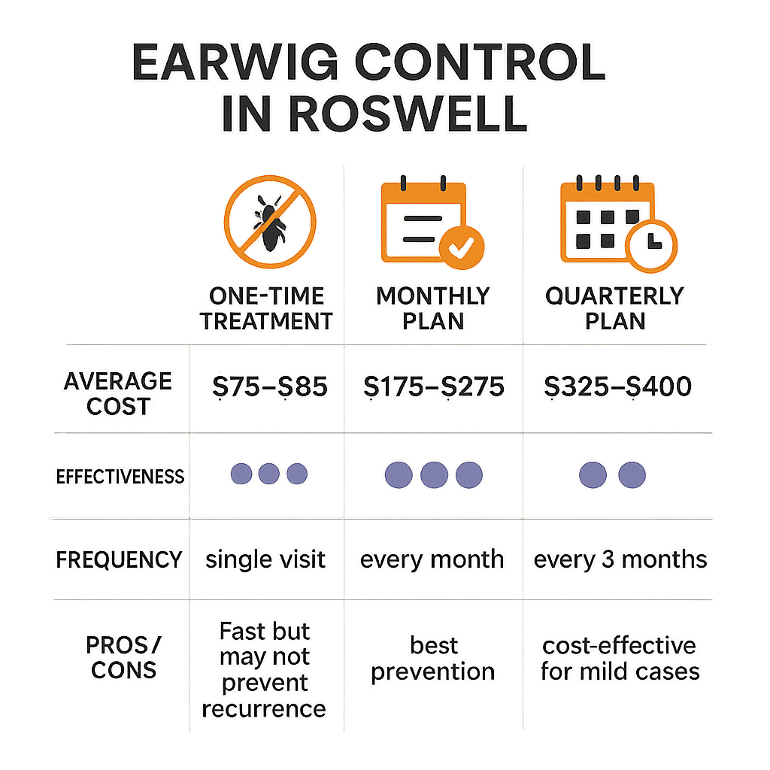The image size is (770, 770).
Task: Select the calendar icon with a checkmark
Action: [432, 222]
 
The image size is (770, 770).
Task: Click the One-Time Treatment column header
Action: [268, 308]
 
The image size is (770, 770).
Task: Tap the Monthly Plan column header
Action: [432, 308]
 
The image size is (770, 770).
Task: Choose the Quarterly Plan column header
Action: [614, 308]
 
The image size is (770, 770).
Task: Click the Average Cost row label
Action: [117, 393]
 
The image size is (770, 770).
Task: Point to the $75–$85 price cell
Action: [268, 387]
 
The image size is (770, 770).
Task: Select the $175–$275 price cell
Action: [433, 387]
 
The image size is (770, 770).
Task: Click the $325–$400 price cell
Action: [617, 387]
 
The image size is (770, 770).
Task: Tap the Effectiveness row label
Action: [120, 476]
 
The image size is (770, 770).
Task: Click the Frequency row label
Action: [120, 559]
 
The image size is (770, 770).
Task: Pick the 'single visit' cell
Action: [266, 559]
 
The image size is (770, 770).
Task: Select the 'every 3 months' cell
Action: [620, 559]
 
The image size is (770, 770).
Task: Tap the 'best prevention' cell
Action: [433, 659]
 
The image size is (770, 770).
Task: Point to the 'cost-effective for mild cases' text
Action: [619, 659]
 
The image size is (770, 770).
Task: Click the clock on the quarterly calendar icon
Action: [653, 246]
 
